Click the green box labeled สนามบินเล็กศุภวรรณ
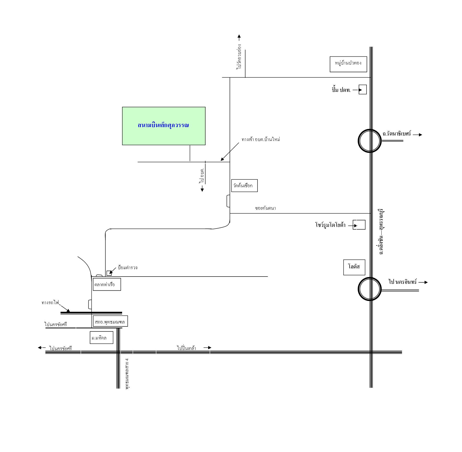pos(164,126)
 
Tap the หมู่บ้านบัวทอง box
pos(348,64)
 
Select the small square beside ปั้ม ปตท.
pos(363,90)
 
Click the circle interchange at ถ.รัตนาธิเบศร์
pos(370,141)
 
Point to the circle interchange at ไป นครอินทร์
pos(370,289)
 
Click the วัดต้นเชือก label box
pos(244,186)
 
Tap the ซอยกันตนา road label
pos(265,208)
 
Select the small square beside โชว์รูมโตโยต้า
pos(359,225)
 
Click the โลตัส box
pos(354,267)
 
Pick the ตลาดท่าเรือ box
pos(107,284)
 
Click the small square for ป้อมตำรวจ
pos(109,273)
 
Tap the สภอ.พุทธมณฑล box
pos(110,322)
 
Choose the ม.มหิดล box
pos(101,338)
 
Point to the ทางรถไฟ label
pos(50,303)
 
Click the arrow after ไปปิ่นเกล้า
pos(207,348)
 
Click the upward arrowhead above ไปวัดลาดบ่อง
pos(239,36)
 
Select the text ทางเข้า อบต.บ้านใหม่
pos(261,139)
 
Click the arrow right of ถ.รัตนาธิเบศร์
pos(417,135)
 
